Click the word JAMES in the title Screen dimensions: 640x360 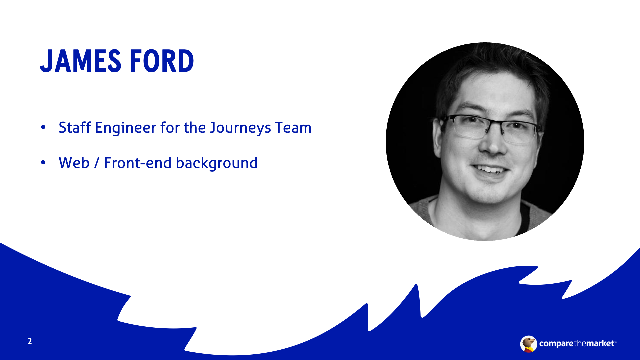click(81, 61)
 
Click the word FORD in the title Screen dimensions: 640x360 click(162, 61)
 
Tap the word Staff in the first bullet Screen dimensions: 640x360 click(75, 127)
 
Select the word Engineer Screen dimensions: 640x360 click(125, 128)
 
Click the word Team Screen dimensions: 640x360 click(293, 127)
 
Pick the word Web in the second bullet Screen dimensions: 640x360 click(74, 163)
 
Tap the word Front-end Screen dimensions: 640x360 click(138, 163)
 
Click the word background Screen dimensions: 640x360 click(217, 163)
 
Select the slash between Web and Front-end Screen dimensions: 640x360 click(97, 163)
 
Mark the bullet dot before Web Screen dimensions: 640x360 click(43, 163)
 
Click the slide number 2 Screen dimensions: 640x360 click(30, 341)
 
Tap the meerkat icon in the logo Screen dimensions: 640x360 click(529, 344)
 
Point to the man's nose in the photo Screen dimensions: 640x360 click(494, 143)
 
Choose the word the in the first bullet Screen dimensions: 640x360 click(195, 127)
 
